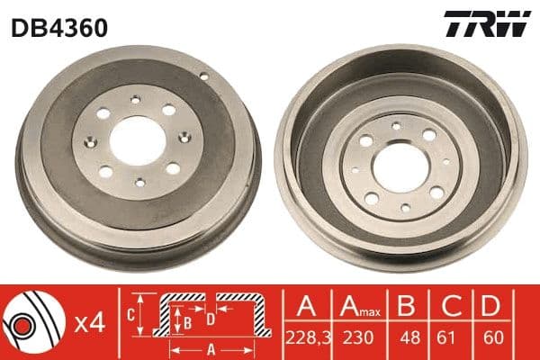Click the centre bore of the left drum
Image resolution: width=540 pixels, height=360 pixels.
[x=139, y=141]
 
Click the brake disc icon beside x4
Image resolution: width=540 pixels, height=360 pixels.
[x=31, y=321]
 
